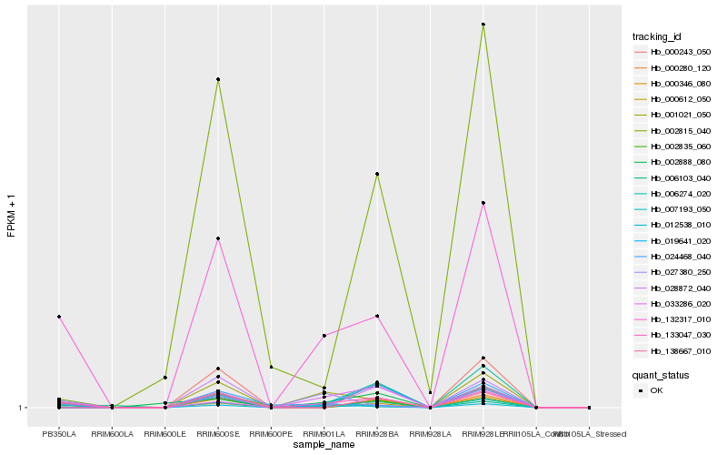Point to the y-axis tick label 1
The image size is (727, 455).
pos(21,408)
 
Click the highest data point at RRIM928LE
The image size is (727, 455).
pos(483,25)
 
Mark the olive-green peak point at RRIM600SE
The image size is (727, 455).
pos(218,80)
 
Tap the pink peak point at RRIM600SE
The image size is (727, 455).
pos(218,238)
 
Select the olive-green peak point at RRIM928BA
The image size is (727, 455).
pos(376,174)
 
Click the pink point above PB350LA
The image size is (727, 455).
pos(59,317)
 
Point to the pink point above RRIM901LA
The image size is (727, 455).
pos(324,336)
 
